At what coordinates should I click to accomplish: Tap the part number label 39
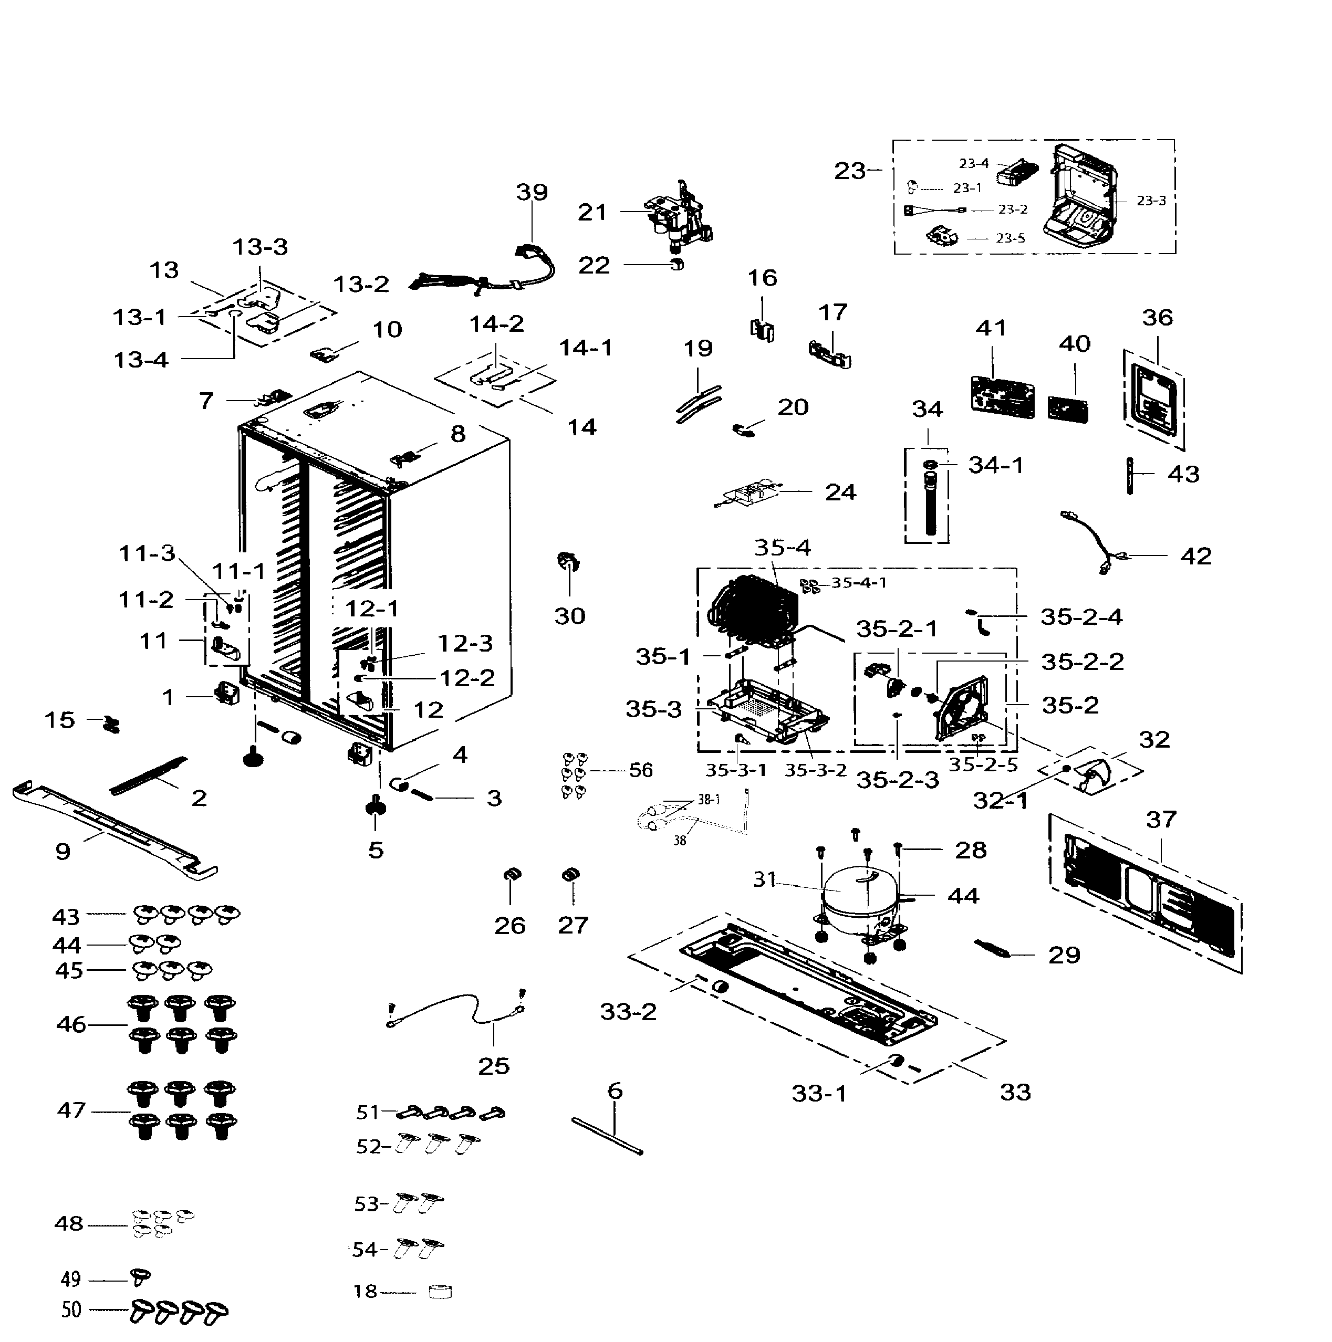532,192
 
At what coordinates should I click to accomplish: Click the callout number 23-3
1151,201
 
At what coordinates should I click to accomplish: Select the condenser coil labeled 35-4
754,611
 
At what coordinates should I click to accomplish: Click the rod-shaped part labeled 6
607,1136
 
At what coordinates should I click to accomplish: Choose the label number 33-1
819,1093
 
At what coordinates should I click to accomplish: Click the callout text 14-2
496,324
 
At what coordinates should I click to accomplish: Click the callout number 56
641,770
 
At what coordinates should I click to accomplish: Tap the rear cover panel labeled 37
1147,893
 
